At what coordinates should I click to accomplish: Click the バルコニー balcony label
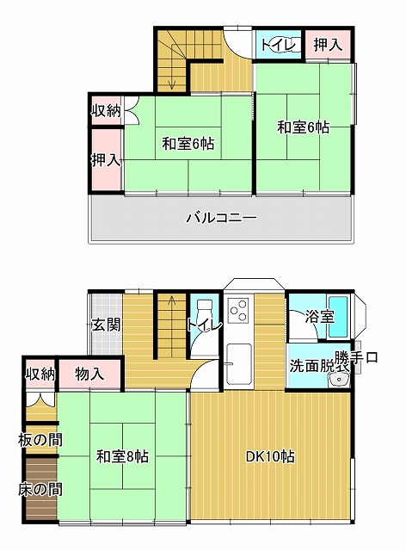[221, 218]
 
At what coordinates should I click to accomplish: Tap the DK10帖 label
[270, 456]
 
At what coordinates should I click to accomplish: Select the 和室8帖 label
[122, 457]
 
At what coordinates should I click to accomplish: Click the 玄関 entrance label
[106, 325]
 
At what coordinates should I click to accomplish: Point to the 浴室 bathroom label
[319, 317]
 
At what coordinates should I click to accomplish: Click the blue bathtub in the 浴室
[338, 317]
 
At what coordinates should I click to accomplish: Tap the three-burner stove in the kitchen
[240, 310]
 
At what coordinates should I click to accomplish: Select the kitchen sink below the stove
[239, 363]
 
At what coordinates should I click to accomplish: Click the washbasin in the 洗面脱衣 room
[339, 380]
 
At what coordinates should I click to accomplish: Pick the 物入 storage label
[89, 375]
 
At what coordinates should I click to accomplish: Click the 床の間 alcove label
[40, 489]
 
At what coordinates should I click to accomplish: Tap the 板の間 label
[40, 440]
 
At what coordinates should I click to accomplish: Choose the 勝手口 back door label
[356, 358]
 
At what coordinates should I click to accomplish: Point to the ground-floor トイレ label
[204, 325]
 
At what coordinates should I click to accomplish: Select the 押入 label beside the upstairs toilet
[328, 45]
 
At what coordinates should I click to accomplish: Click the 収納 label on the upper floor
[107, 111]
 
